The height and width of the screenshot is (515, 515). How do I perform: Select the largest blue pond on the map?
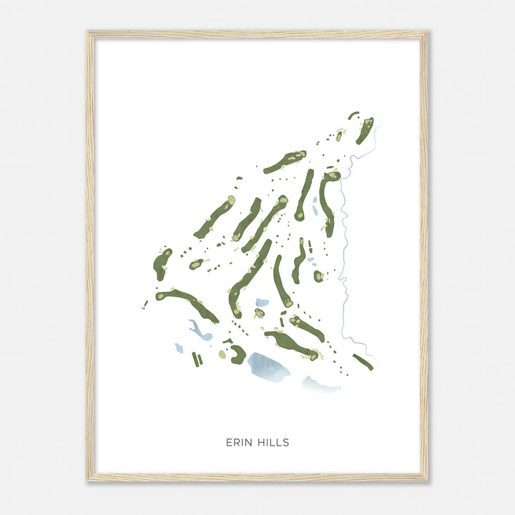point(268,366)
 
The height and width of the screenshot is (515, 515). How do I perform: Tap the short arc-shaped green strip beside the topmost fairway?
point(353,114)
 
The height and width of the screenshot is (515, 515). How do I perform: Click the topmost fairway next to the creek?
point(365,129)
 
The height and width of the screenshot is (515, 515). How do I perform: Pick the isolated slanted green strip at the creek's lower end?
point(363,362)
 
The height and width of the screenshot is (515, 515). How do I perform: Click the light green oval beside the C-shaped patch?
point(222,354)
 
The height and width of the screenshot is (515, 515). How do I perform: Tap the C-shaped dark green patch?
point(237,354)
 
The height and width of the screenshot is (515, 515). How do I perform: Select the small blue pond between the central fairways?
point(263,303)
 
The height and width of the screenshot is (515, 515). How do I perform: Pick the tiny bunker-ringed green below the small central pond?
point(258,313)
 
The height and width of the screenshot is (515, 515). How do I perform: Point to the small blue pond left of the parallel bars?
point(179,348)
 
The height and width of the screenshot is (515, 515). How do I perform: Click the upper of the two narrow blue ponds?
point(314,203)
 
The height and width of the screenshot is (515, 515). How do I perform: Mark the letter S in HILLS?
point(286,443)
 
